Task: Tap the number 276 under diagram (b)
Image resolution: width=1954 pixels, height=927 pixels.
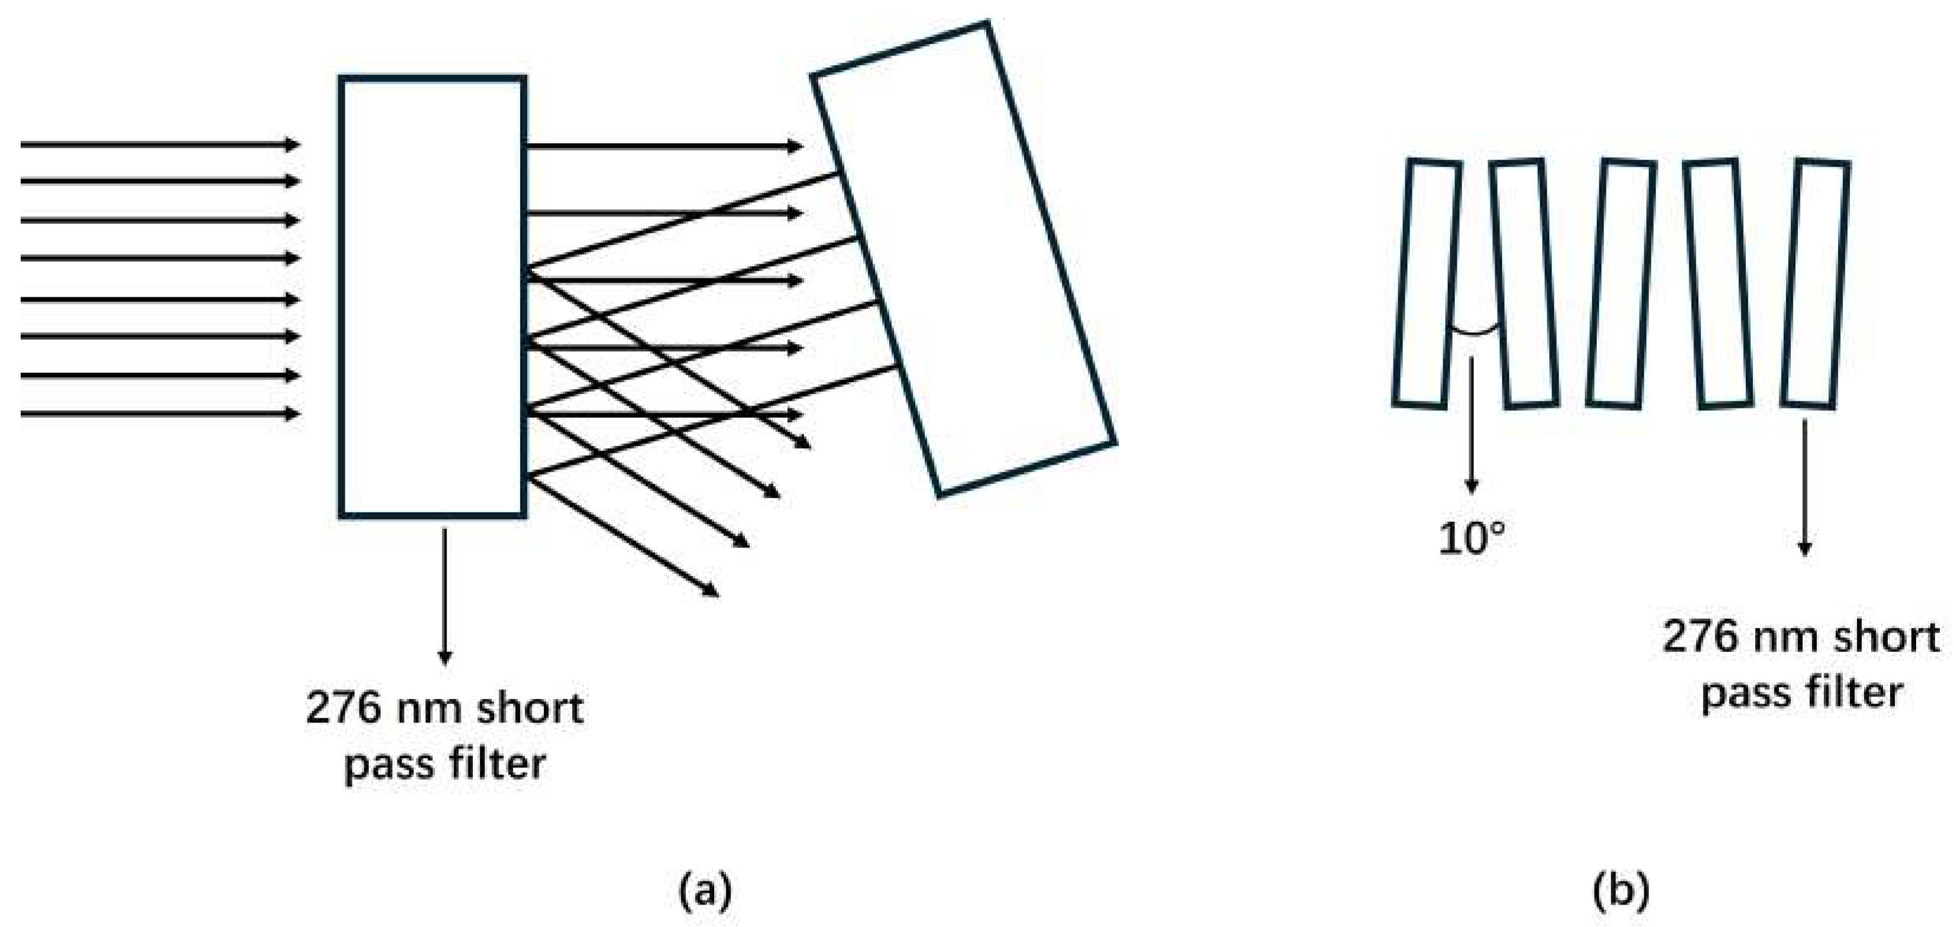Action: click(x=1697, y=636)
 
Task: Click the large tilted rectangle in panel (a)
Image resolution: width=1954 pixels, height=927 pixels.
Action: click(x=963, y=258)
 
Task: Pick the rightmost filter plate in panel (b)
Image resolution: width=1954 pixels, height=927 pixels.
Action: click(x=1816, y=284)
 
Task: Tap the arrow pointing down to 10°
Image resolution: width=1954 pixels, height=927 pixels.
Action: click(x=1472, y=425)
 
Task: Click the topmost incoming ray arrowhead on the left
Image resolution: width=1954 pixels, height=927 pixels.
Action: click(x=293, y=144)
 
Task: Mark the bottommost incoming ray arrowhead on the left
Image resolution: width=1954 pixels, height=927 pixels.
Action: click(x=293, y=414)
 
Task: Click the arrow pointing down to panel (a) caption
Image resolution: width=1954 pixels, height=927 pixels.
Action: click(x=445, y=595)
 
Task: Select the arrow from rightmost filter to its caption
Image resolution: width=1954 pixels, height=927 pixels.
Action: click(x=1804, y=485)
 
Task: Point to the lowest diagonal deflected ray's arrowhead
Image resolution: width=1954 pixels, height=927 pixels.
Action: click(x=711, y=592)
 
